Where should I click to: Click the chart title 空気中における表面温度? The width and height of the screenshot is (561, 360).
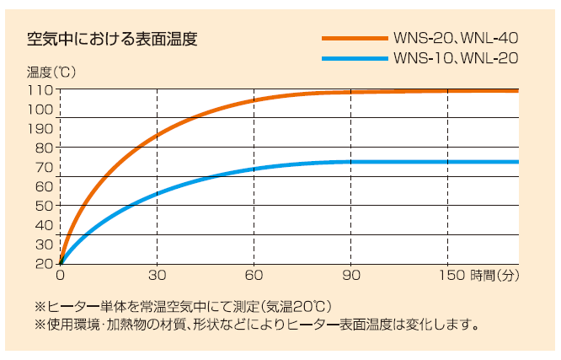click(113, 39)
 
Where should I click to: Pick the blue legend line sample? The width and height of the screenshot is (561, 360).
click(354, 59)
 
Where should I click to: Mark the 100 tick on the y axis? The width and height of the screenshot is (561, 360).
click(42, 110)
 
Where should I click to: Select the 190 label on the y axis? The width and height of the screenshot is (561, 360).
click(42, 129)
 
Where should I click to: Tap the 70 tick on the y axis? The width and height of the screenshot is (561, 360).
click(45, 167)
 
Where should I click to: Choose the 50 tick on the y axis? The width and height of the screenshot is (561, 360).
click(45, 205)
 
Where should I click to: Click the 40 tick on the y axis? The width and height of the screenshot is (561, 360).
click(45, 224)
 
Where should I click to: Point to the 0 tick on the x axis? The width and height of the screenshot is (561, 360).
click(60, 275)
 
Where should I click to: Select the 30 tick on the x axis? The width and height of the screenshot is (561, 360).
click(157, 275)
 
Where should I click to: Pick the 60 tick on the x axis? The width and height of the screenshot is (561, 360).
click(254, 275)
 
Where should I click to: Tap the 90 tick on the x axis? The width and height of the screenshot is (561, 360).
click(350, 275)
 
